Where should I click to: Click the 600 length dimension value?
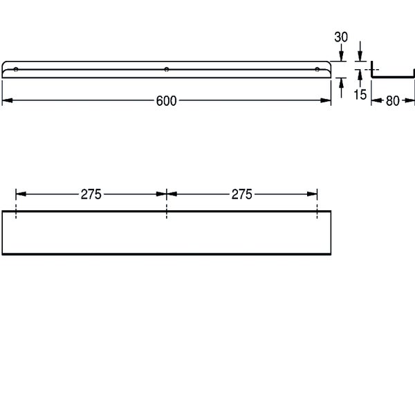click(x=166, y=101)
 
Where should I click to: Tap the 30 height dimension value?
click(x=341, y=37)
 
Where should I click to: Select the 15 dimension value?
click(x=360, y=95)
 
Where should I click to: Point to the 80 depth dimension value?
click(x=392, y=101)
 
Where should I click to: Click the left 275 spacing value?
click(x=91, y=194)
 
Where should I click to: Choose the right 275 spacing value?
click(x=241, y=194)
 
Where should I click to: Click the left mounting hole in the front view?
click(x=16, y=70)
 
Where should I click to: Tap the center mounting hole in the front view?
click(x=167, y=70)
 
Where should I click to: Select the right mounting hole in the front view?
click(x=317, y=70)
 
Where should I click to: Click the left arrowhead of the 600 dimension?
click(x=7, y=100)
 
